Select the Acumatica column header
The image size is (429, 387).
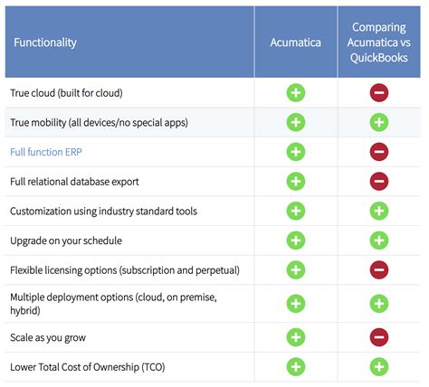[295, 42]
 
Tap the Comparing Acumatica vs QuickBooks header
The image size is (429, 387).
[379, 42]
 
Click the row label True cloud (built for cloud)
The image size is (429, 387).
[66, 93]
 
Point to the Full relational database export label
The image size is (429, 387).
[74, 182]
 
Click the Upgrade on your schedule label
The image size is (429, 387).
[66, 241]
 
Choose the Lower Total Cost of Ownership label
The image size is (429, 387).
[87, 367]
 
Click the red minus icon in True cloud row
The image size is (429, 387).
[379, 93]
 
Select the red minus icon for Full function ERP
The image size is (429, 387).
[379, 152]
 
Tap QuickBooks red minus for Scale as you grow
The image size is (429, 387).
[379, 337]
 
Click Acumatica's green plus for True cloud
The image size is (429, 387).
[295, 93]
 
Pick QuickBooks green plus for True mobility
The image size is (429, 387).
[379, 122]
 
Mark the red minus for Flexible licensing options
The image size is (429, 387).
[379, 269]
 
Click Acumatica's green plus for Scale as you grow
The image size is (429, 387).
[295, 337]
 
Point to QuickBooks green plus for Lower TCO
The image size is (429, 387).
[379, 367]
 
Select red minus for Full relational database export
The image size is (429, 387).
[379, 182]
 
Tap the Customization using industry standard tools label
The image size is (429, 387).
[103, 211]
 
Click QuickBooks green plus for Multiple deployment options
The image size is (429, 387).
[379, 304]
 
